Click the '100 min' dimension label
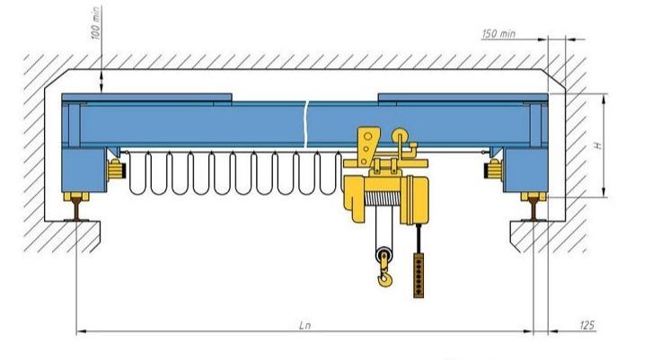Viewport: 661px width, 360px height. [x=96, y=23]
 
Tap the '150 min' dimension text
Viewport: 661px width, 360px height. [x=498, y=33]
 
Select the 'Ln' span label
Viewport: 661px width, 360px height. [x=304, y=325]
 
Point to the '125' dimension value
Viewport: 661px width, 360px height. [x=586, y=325]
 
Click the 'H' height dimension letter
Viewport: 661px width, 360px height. [x=597, y=145]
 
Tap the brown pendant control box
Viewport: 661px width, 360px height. [x=419, y=276]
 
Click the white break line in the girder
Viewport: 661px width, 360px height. [x=306, y=125]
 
